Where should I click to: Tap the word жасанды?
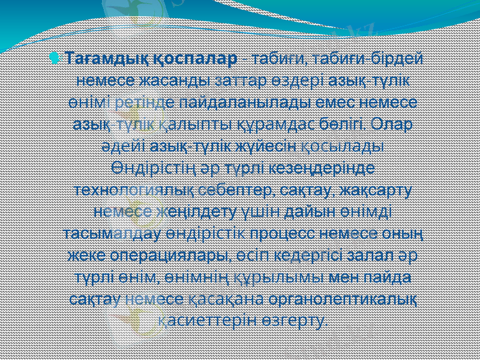[174, 80]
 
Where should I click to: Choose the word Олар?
[391, 124]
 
